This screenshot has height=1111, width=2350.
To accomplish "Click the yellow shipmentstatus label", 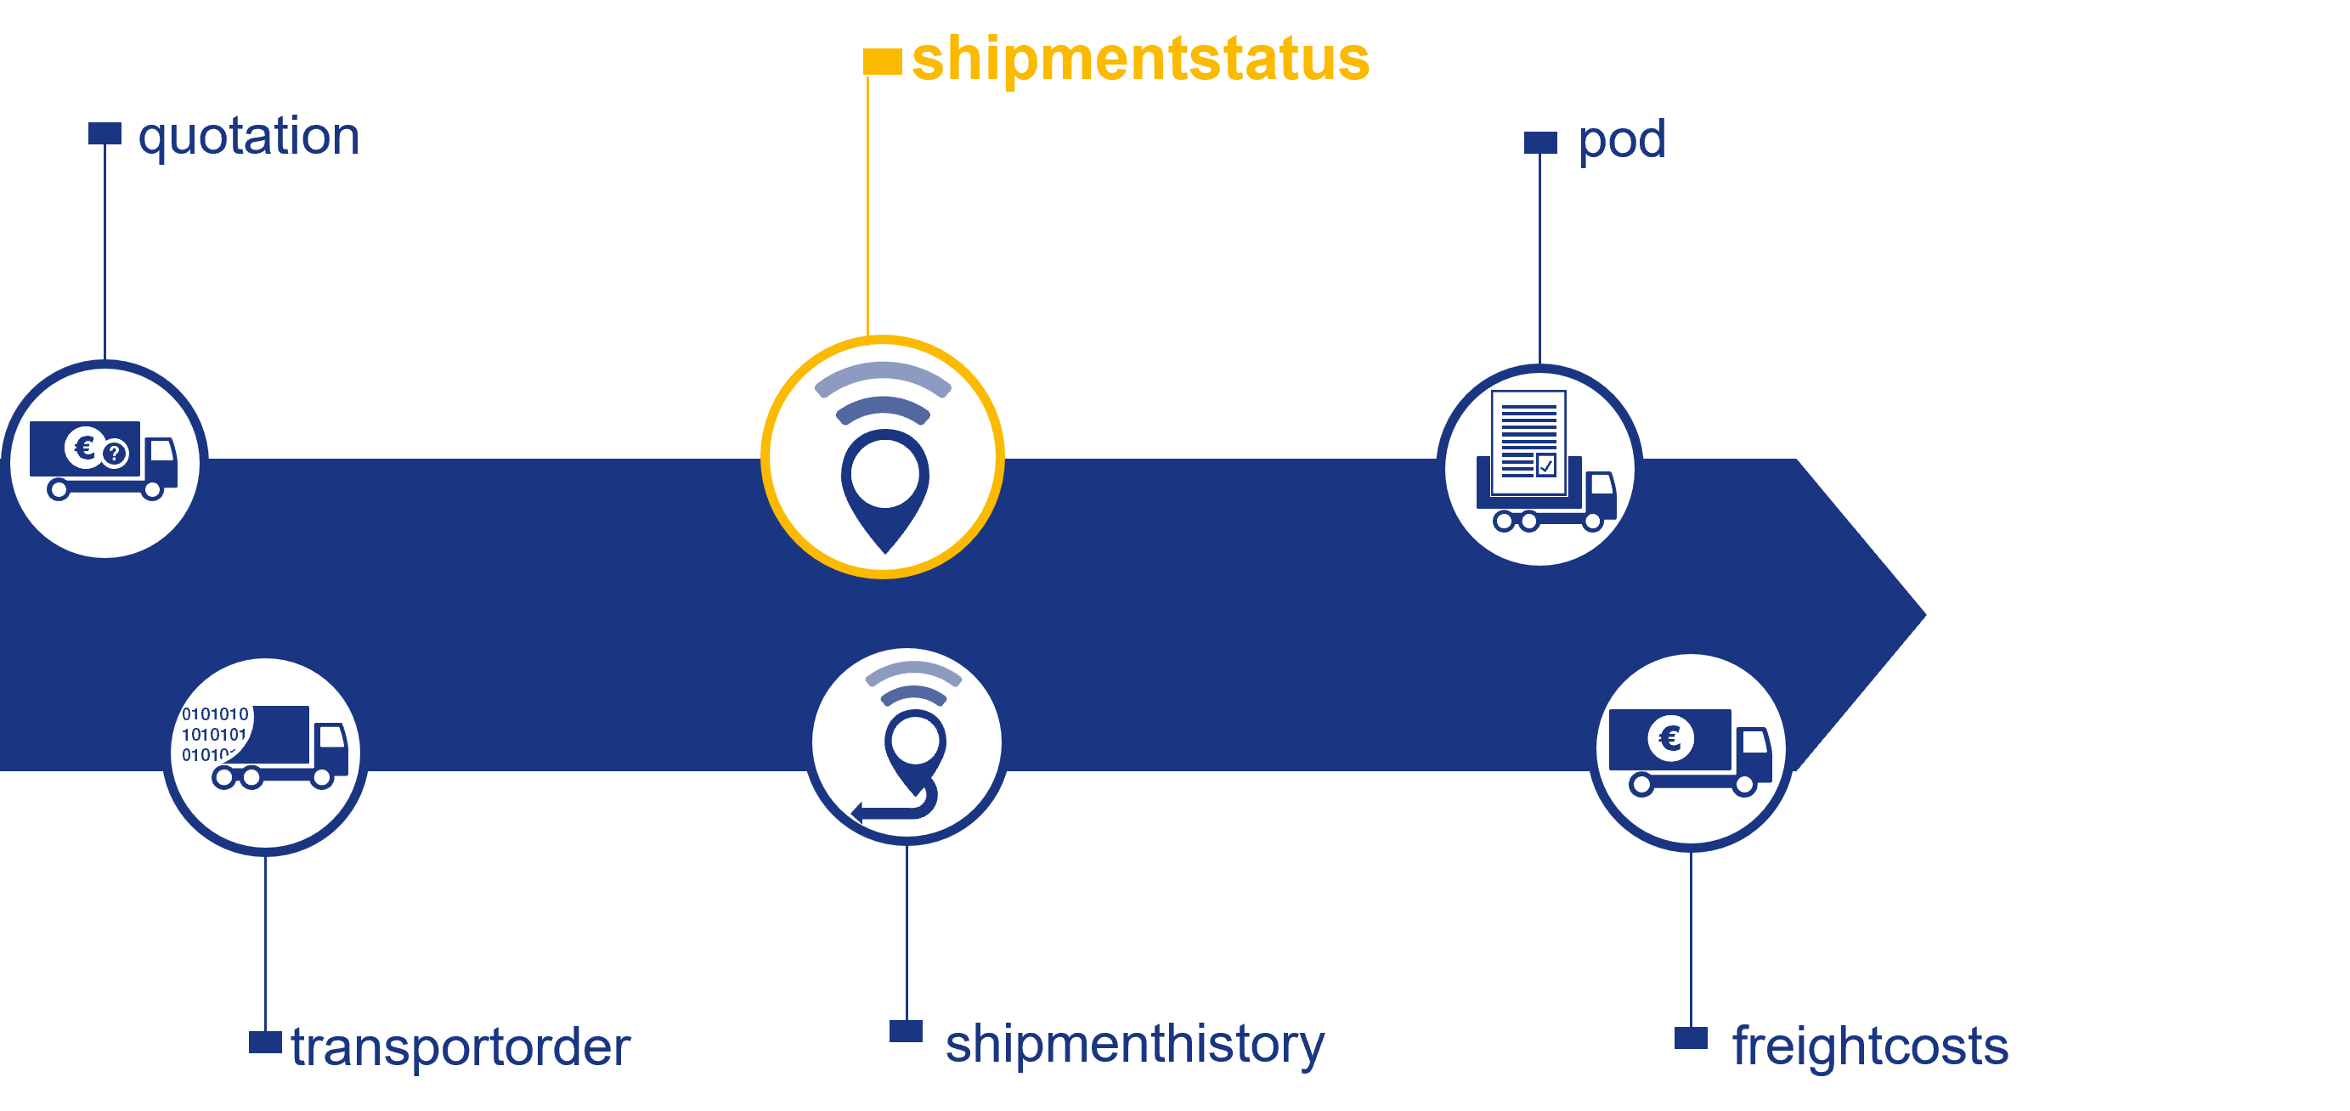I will point(1139,59).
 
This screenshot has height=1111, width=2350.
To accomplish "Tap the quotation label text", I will point(248,137).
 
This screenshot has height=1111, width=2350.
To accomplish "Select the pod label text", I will point(1621,140).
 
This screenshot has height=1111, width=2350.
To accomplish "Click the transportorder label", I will point(460,1046).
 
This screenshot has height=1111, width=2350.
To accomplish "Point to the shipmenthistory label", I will point(1134,1044).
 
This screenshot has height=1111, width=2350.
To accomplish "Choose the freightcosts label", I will point(1869,1046).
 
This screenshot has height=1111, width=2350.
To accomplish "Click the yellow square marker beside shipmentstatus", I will point(881,61).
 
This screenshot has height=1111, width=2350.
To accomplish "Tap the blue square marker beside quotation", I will point(105,133).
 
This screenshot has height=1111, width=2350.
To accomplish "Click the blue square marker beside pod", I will point(1540,143).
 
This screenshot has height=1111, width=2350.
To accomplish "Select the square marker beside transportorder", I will point(264,1041).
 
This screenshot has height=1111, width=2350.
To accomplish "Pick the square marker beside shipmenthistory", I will point(905,1030).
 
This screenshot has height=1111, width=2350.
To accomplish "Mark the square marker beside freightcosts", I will point(1690,1038).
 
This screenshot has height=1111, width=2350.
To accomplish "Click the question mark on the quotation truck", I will point(115,453).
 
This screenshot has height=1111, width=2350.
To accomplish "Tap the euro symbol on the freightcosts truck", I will point(1669,737).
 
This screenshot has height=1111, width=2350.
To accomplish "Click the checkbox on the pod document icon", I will point(1545,465).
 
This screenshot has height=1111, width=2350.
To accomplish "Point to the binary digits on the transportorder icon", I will point(213,733).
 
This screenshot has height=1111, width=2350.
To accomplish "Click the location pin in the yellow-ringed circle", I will point(884,484).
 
